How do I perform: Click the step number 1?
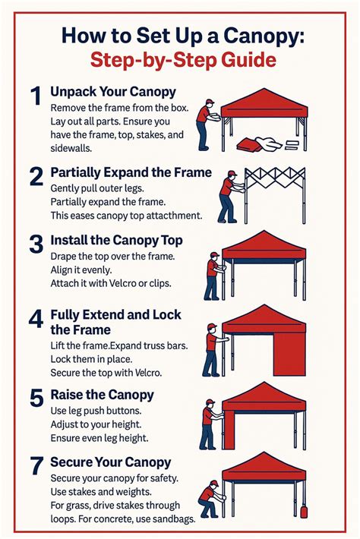point(34,97)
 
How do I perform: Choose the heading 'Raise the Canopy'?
point(102,394)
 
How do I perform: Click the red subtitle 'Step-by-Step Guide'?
point(180,61)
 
